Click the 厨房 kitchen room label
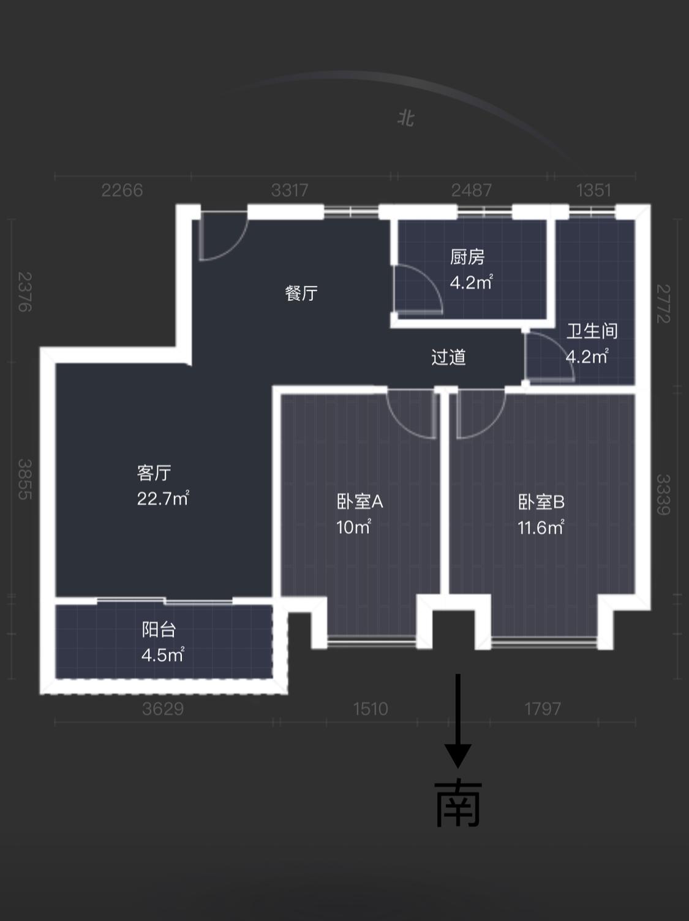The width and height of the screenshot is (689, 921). (467, 257)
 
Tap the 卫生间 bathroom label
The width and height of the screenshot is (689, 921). (592, 331)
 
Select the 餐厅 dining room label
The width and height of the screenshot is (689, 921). (301, 293)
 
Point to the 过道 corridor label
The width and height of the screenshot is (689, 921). (448, 357)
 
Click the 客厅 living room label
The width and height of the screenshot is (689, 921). (154, 472)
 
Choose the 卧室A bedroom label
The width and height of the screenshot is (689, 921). (360, 501)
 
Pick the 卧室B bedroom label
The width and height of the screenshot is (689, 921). (541, 502)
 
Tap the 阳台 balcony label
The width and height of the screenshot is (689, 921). (159, 629)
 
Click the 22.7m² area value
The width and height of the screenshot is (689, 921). (163, 498)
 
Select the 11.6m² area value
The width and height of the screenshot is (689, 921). (541, 527)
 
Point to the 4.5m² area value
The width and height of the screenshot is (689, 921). (162, 654)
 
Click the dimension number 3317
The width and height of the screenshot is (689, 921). (290, 190)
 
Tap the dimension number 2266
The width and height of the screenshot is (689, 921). (122, 190)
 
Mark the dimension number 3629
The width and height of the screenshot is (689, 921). (163, 709)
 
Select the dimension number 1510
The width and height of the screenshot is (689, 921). (371, 709)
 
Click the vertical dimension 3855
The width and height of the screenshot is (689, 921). (25, 479)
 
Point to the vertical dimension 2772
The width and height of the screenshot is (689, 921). (664, 303)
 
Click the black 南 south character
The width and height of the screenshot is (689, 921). (458, 805)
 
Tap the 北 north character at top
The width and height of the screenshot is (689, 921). (405, 118)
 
